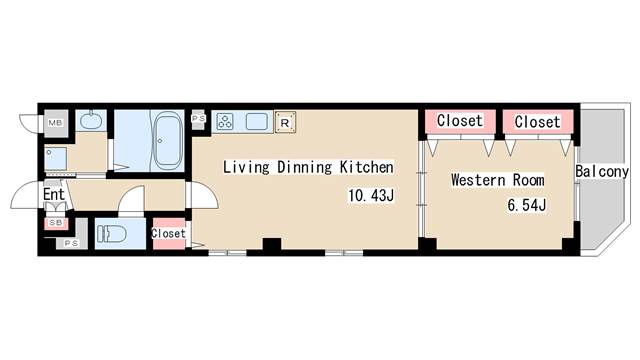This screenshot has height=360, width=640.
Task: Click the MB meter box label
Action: click(56, 122)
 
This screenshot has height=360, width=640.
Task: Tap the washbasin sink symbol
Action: click(91, 120)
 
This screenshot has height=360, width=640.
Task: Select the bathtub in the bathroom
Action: click(167, 140)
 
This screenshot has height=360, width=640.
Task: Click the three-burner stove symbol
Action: click(224, 122)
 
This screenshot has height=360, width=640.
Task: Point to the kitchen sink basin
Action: click(257, 122)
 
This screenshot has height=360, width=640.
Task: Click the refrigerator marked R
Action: click(285, 122)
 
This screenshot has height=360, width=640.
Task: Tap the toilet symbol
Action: click(112, 234)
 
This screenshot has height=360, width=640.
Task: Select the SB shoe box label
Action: click(56, 223)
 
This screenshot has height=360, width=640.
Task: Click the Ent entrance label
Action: click(54, 194)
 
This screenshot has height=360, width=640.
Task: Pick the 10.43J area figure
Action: click(371, 196)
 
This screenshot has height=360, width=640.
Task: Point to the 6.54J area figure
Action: click(527, 205)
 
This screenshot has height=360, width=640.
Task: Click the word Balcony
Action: click(602, 172)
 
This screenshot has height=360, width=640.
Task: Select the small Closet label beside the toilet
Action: click(168, 233)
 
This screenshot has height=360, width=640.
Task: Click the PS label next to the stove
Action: click(198, 118)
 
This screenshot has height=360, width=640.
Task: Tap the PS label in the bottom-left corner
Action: click(71, 243)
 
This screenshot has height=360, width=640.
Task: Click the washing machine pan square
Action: click(56, 159)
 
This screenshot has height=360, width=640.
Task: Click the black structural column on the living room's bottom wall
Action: click(272, 244)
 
